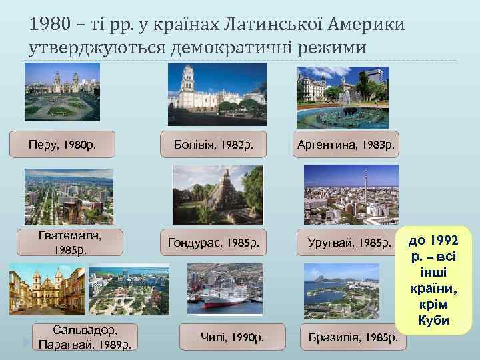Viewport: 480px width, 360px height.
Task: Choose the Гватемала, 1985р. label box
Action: pyautogui.click(x=70, y=242)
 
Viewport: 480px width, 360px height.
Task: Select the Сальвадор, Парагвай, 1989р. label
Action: pyautogui.click(x=85, y=337)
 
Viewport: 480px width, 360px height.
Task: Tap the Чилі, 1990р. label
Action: pyautogui.click(x=233, y=337)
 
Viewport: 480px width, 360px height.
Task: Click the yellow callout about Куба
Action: pyautogui.click(x=433, y=280)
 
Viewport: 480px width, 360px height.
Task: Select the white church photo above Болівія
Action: pyautogui.click(x=208, y=95)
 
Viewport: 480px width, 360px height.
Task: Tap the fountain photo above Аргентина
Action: pyautogui.click(x=342, y=97)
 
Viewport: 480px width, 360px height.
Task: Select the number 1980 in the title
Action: pyautogui.click(x=49, y=26)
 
